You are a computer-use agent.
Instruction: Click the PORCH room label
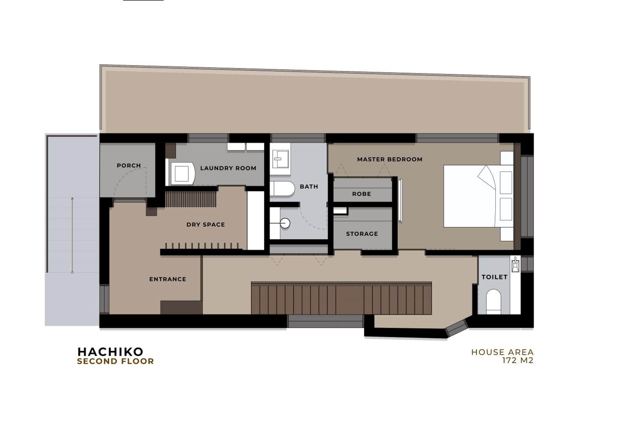[x=129, y=165]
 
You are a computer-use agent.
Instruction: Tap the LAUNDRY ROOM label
[x=228, y=168]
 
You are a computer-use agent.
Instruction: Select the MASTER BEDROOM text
[x=390, y=159]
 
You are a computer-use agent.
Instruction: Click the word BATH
[x=309, y=187]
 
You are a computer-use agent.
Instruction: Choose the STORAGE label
[x=362, y=234]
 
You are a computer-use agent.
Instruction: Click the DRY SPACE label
[x=206, y=225]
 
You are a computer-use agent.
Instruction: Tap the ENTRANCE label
[x=168, y=279]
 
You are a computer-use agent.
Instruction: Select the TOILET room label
[x=494, y=277]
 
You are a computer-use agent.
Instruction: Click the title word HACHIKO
[x=110, y=352]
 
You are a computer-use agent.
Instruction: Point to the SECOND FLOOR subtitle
[x=115, y=361]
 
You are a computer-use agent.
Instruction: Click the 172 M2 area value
[x=518, y=360]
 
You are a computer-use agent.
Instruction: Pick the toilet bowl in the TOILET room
[x=493, y=302]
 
